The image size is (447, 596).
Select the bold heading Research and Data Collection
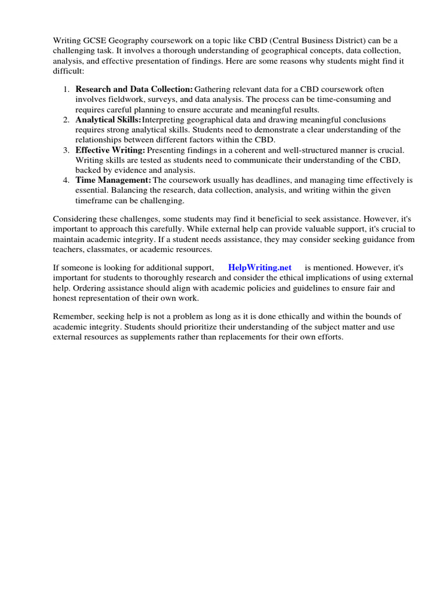pos(134,89)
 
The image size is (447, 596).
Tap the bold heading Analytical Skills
pos(108,119)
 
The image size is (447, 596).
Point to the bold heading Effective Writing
pos(110,150)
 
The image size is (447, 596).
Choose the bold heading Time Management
pos(113,180)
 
